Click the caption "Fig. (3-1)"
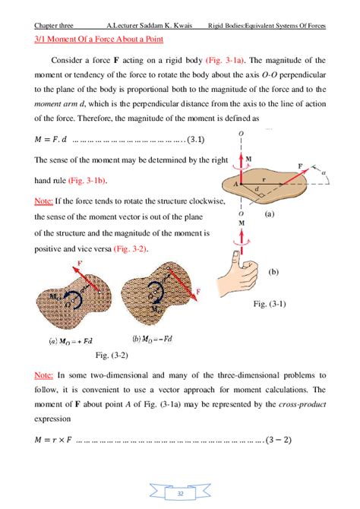[269, 305]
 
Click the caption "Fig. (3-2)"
[112, 355]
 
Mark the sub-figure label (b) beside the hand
[274, 271]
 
